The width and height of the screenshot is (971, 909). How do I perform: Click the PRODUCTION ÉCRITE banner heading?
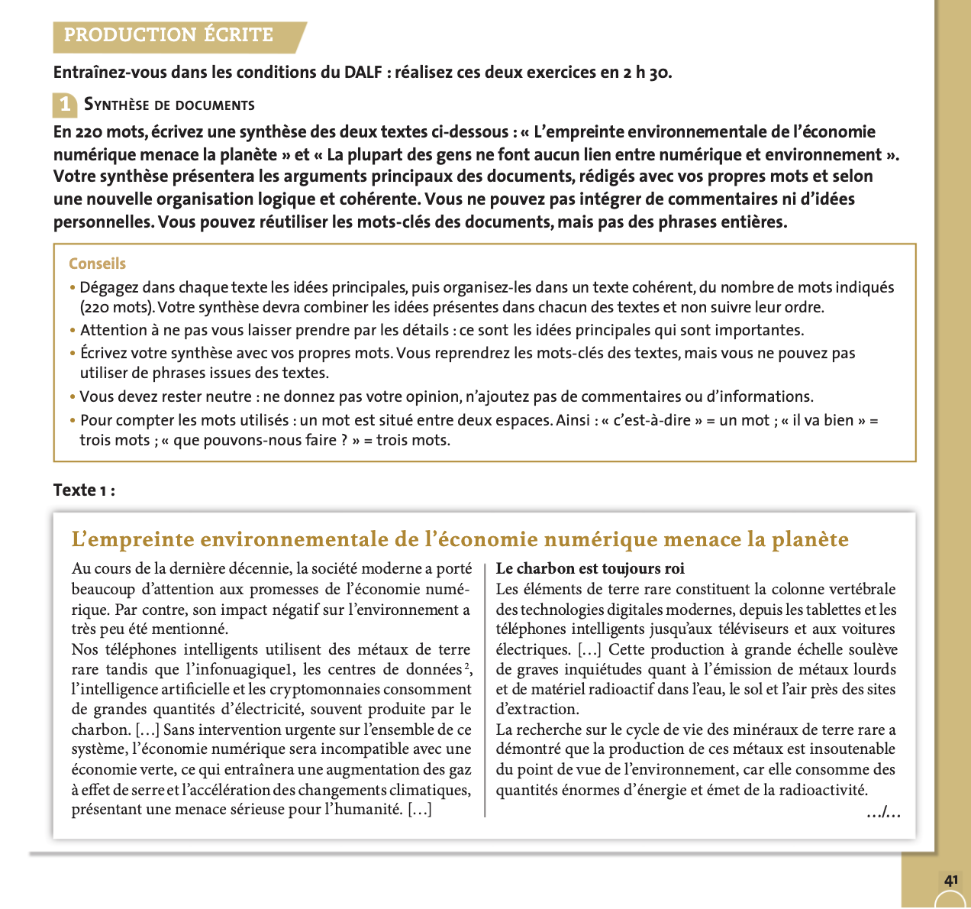(x=168, y=35)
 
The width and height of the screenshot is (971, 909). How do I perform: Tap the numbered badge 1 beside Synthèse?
(x=65, y=104)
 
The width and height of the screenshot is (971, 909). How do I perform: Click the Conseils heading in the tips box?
(x=97, y=264)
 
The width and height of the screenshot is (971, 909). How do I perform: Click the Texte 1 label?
(x=84, y=490)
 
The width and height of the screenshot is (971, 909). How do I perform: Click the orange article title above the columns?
(x=460, y=540)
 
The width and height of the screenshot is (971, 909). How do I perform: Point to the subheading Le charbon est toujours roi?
(x=590, y=568)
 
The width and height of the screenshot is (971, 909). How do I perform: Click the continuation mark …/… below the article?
(x=883, y=813)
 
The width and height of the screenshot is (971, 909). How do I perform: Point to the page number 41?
(x=951, y=881)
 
